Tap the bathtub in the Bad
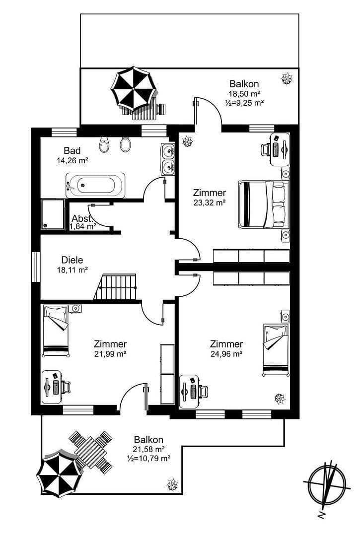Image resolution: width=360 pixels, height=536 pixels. [x=95, y=186]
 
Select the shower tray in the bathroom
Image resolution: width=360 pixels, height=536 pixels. [x=53, y=214]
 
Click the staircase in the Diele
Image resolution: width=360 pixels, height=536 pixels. [x=116, y=287]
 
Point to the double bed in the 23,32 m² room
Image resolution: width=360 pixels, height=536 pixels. [x=264, y=204]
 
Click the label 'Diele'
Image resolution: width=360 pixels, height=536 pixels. [x=72, y=260]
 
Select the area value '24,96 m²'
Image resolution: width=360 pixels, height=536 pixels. [x=226, y=354]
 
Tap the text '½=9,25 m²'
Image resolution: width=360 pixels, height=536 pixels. [x=244, y=103]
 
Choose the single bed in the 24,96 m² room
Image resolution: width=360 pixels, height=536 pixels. [x=275, y=350]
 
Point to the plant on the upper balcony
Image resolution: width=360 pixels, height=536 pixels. [x=287, y=78]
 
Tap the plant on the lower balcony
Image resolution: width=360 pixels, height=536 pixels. [x=173, y=484]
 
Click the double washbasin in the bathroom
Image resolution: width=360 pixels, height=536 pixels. [x=167, y=159]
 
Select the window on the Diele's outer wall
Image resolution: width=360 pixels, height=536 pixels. [x=35, y=267]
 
